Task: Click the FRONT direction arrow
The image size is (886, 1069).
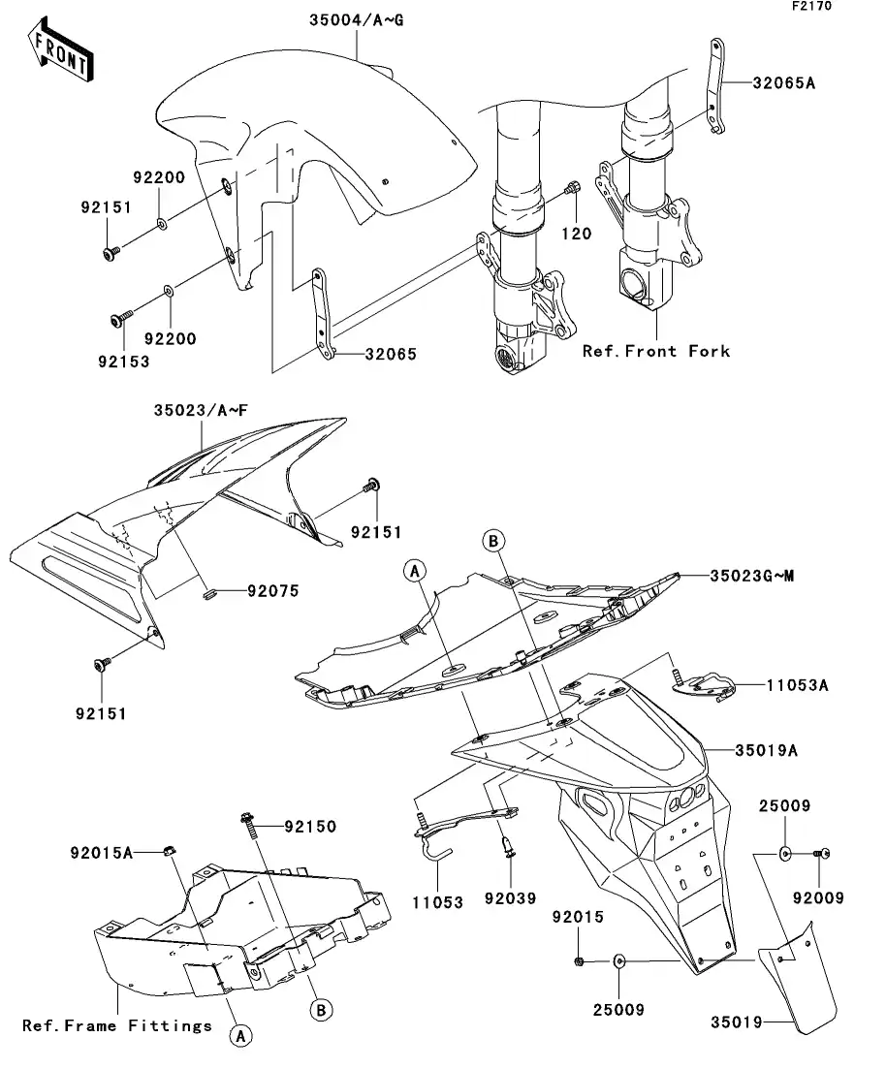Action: [x=60, y=53]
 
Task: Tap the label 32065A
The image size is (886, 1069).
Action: [x=783, y=83]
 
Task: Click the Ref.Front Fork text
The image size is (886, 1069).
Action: [x=655, y=351]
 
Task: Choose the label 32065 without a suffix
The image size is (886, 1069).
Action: [x=390, y=355]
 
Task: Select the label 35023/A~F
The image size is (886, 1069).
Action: [x=201, y=410]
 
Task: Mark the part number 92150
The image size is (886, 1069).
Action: [x=310, y=827]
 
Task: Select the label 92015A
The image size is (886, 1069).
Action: [x=101, y=853]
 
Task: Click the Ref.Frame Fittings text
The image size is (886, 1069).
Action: [x=117, y=1025]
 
